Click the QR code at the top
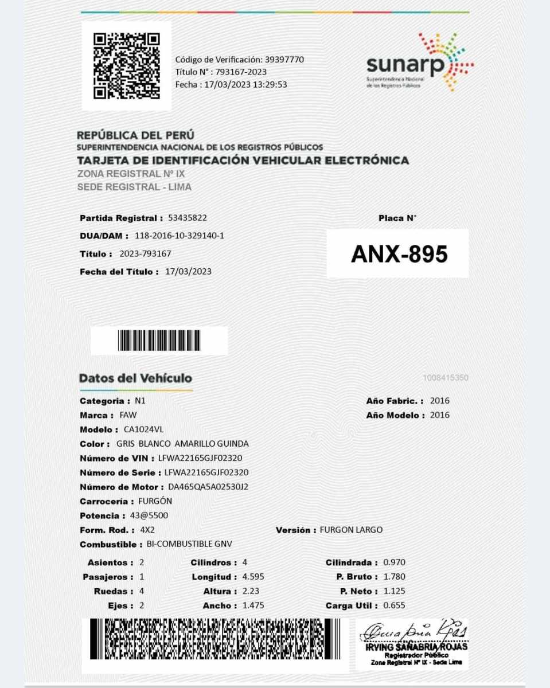point(126,66)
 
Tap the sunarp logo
point(419,62)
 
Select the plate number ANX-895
point(399,255)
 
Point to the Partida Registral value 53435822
point(188,218)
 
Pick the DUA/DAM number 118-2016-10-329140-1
point(179,236)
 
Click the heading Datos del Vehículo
point(135,378)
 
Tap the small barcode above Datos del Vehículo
point(159,341)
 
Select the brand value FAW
point(128,415)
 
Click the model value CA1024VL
point(143,429)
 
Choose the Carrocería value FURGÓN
point(155,501)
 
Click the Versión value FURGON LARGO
point(351,530)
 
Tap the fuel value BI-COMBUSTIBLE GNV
point(189,544)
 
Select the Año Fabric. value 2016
point(440,401)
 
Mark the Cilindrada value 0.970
point(394,562)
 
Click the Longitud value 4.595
point(253,577)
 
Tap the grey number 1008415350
point(445,378)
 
